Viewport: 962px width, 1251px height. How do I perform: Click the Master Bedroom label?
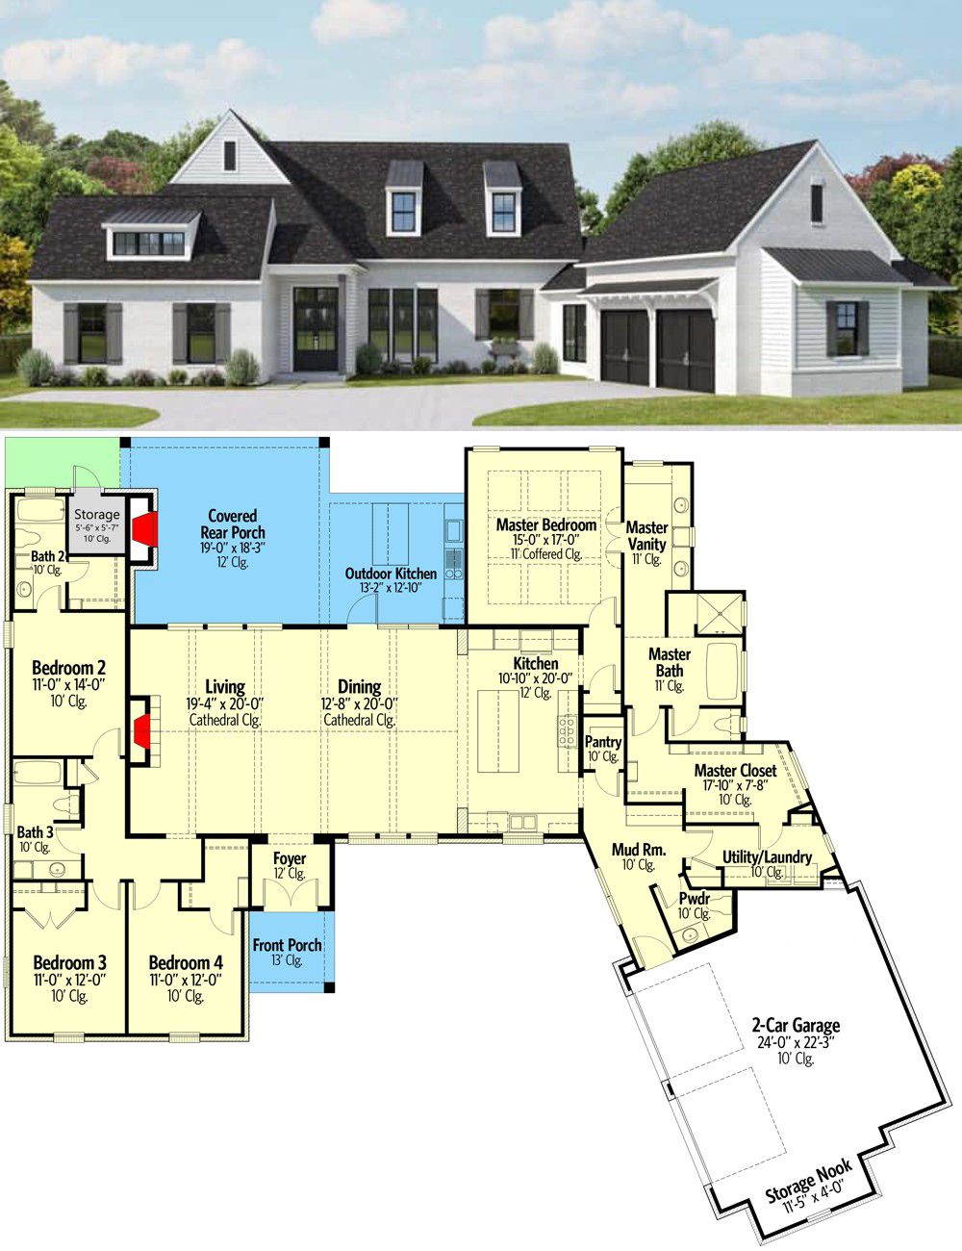click(x=546, y=525)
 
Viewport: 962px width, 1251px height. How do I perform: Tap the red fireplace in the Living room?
click(x=142, y=730)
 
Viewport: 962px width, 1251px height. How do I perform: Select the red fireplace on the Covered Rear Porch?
click(x=145, y=529)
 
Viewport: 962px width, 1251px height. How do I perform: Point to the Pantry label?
click(x=603, y=742)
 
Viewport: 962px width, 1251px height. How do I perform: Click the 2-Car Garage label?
click(x=796, y=1025)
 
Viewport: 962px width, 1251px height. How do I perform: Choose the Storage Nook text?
click(x=808, y=1180)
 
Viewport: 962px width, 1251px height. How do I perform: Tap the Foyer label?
click(x=290, y=858)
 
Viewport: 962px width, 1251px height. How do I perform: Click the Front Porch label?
click(x=287, y=945)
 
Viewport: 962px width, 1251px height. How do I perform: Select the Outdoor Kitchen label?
click(x=391, y=574)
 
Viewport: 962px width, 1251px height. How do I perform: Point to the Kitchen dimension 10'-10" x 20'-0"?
click(x=535, y=678)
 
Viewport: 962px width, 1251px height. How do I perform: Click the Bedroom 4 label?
click(x=186, y=962)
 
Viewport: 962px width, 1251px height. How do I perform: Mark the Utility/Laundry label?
click(x=767, y=857)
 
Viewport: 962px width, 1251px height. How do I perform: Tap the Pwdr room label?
click(x=695, y=898)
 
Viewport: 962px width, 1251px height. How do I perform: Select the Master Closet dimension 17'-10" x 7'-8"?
click(x=735, y=785)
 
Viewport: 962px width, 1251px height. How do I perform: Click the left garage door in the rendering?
click(x=625, y=346)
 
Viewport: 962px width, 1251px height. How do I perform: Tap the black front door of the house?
click(x=316, y=329)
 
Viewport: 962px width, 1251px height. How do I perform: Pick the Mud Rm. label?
click(x=639, y=849)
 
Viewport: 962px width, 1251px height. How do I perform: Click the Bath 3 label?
click(x=35, y=831)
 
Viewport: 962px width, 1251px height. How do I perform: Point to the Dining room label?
click(x=360, y=686)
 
